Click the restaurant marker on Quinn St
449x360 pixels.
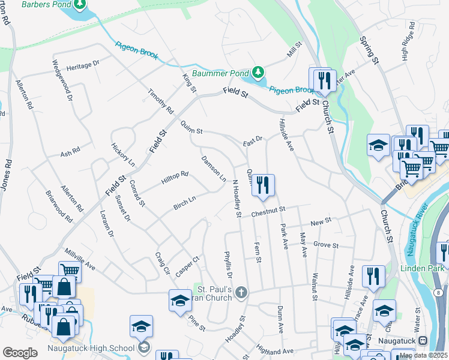click(263, 185)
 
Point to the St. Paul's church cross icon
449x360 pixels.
click(241, 292)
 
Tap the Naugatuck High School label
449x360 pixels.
click(97, 347)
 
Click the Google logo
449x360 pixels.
click(20, 353)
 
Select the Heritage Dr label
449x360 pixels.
click(83, 66)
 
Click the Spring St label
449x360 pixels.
click(370, 50)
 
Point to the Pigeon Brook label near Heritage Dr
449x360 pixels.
click(137, 51)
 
